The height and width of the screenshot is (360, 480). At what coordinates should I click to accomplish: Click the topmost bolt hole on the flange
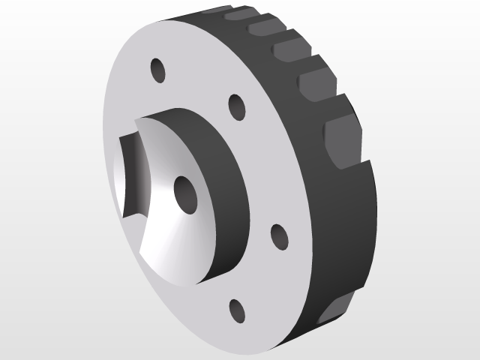[x=158, y=70]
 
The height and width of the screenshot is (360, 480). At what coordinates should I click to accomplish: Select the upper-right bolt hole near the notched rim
[x=237, y=106]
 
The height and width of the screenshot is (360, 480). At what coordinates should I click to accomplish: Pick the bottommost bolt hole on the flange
[x=238, y=309]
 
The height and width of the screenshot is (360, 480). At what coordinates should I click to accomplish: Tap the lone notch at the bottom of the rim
[x=334, y=307]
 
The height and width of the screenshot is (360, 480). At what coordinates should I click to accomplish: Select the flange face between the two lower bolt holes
[x=262, y=277]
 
